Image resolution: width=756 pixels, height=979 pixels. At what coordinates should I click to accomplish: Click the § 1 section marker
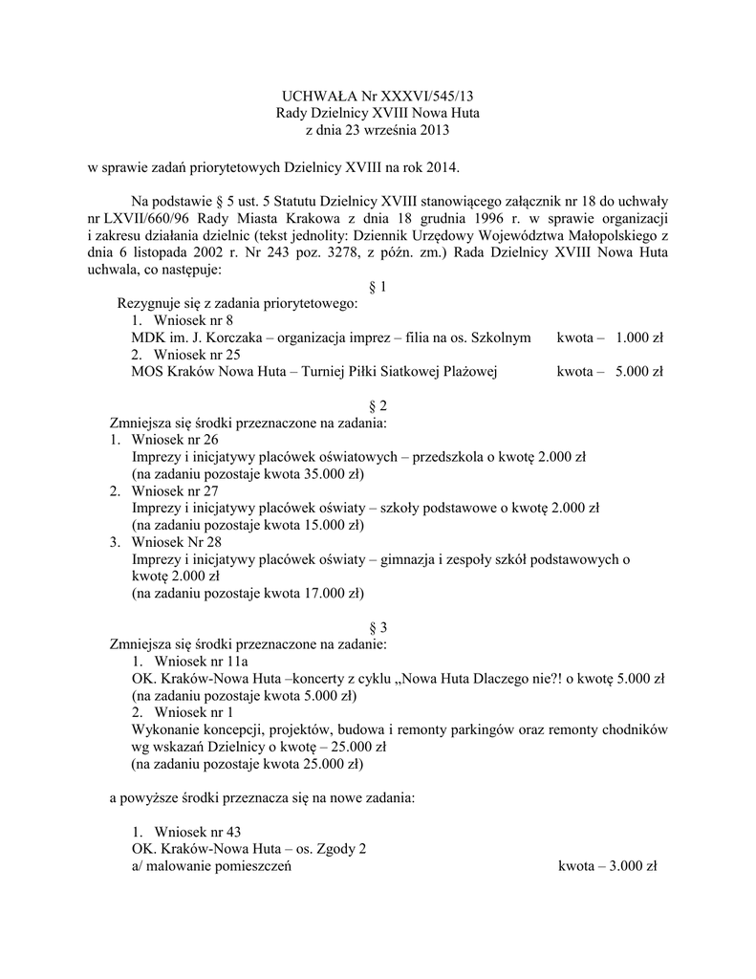coord(378,287)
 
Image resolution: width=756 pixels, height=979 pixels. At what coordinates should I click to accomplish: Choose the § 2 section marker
coord(378,405)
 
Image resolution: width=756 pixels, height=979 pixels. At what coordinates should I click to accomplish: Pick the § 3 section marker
coord(378,627)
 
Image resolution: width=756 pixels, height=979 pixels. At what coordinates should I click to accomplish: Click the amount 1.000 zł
coord(639,337)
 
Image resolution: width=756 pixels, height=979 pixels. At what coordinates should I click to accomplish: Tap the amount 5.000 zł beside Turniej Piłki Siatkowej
coord(639,372)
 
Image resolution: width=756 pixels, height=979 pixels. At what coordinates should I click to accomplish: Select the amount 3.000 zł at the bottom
coord(634,865)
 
